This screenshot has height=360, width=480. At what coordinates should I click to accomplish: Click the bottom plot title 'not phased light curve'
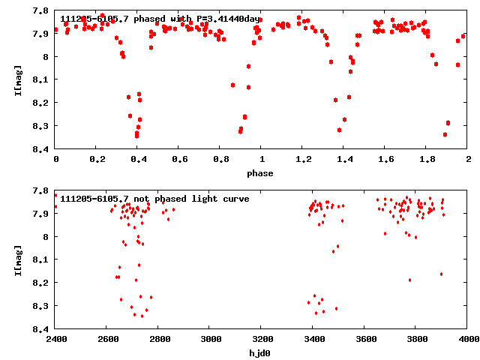[x=154, y=199]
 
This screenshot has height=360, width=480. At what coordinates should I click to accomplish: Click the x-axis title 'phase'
[x=262, y=173]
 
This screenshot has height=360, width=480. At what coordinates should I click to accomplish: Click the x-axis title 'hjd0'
[x=262, y=352]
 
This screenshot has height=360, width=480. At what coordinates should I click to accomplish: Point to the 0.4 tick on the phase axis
[x=138, y=160]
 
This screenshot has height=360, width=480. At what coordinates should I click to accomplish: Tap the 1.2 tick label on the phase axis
[x=303, y=160]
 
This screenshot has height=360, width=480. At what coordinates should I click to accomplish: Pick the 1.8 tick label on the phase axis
[x=427, y=160]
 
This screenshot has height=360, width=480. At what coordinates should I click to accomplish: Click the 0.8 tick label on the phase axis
[x=220, y=160]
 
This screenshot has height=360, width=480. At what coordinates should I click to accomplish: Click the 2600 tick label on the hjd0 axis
[x=107, y=339]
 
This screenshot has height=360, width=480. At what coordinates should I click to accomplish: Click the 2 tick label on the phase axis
[x=468, y=160]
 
